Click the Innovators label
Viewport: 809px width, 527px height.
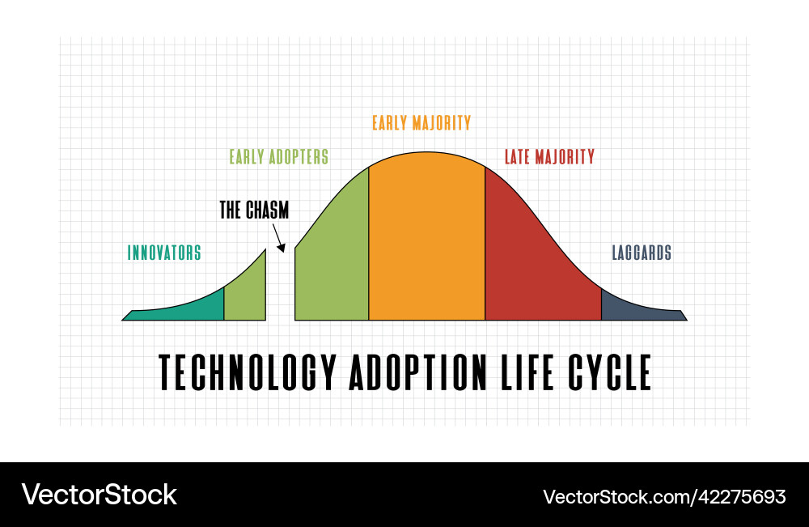(164, 253)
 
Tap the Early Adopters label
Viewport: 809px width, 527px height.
(278, 156)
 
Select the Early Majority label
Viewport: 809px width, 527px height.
(421, 123)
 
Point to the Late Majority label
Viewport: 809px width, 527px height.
(549, 156)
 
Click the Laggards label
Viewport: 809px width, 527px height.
(642, 253)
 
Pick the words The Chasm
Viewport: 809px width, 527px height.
(254, 210)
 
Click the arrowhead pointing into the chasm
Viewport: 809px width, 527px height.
(282, 248)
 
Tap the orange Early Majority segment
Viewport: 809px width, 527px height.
(426, 236)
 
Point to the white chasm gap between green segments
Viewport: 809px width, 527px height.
(280, 289)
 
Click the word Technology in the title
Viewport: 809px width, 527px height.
(248, 372)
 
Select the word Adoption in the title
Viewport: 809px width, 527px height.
(418, 372)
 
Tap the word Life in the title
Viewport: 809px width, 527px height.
(527, 372)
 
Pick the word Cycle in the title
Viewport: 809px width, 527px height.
(610, 372)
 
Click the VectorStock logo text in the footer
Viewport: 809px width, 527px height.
(99, 495)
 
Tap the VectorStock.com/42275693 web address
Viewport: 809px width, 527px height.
(664, 496)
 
